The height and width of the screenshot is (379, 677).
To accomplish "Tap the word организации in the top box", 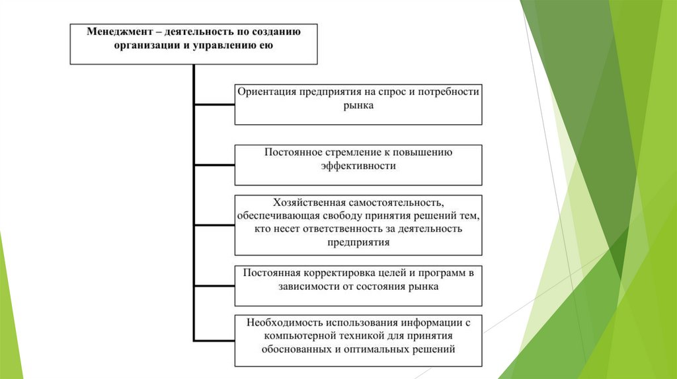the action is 145,46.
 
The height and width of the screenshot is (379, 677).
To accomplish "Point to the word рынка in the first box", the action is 358,105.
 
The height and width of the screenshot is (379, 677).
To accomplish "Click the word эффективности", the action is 358,166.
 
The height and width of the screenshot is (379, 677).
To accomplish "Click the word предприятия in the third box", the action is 358,242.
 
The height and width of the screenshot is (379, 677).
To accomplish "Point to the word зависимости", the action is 307,287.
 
